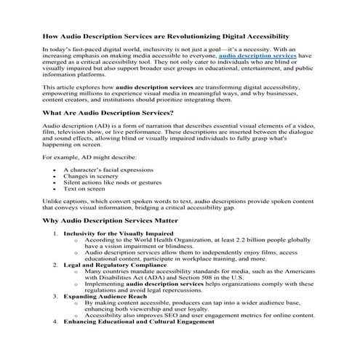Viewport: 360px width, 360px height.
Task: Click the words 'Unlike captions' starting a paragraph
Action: [x=66, y=201]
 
